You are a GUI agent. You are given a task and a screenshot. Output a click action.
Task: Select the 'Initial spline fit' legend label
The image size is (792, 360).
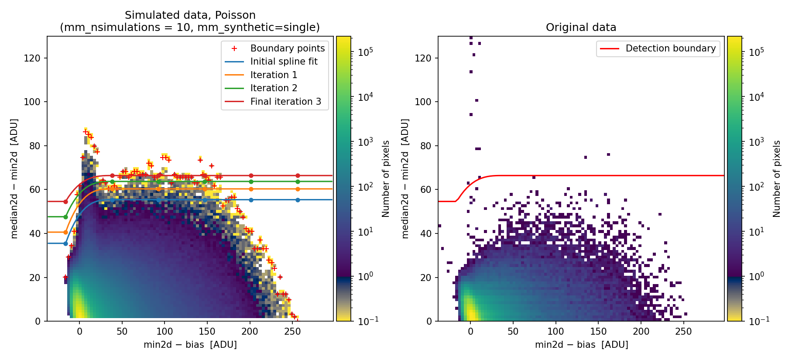click(x=284, y=62)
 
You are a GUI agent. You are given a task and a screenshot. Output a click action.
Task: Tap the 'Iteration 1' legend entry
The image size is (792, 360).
click(x=274, y=75)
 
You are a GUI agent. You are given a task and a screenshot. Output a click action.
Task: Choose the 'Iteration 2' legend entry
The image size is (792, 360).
click(x=274, y=88)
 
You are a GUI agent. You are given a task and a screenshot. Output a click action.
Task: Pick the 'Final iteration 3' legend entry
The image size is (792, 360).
click(x=285, y=102)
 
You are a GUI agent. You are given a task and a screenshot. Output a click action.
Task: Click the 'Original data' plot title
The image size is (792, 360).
click(x=581, y=27)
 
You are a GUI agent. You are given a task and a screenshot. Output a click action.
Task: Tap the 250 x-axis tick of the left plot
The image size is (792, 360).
click(x=292, y=331)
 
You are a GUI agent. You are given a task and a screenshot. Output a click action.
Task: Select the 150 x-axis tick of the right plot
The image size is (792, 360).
click(x=598, y=331)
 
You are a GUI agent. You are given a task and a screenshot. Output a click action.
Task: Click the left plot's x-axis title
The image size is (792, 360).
click(x=190, y=345)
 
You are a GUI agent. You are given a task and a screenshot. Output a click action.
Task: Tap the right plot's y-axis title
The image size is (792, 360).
click(x=405, y=178)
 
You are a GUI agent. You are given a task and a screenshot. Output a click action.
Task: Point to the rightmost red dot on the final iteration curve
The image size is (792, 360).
click(x=298, y=176)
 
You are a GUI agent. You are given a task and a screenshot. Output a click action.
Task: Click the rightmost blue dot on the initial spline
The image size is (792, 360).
click(x=298, y=200)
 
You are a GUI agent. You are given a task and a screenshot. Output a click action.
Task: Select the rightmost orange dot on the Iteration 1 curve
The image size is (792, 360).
click(x=298, y=189)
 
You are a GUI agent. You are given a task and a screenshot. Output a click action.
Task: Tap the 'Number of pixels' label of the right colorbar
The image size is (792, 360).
click(x=777, y=178)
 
